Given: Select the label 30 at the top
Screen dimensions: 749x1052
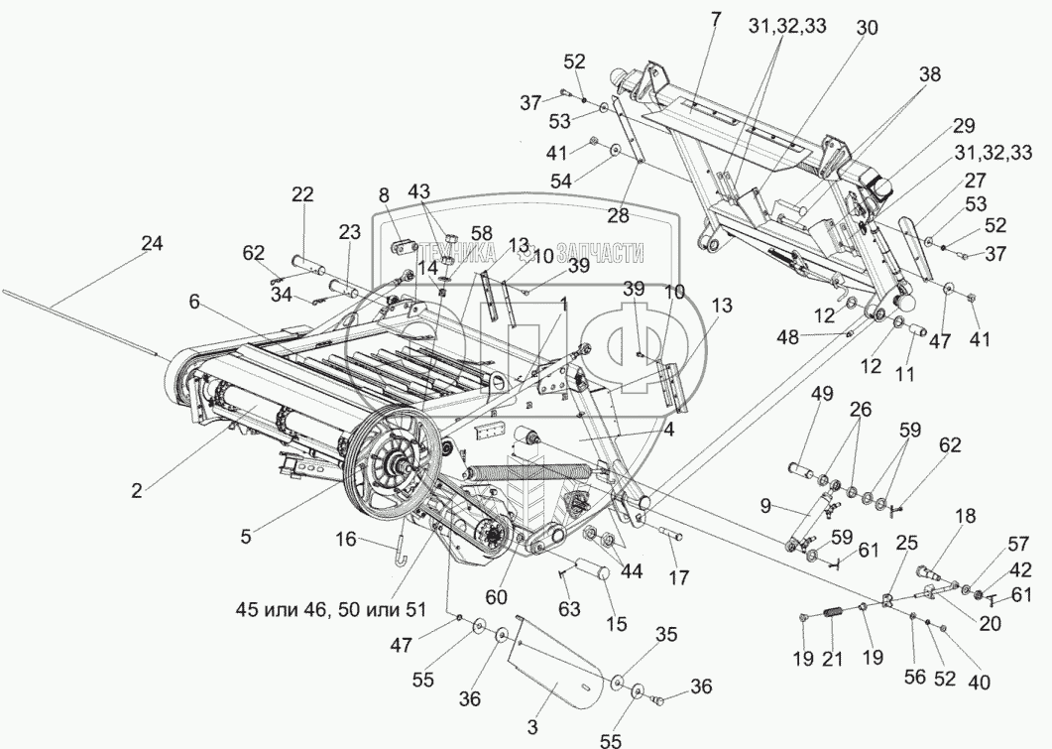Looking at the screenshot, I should point(866,30).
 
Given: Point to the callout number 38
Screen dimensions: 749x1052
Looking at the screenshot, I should point(929,73).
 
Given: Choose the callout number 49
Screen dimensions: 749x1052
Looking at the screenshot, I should point(822,395).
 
